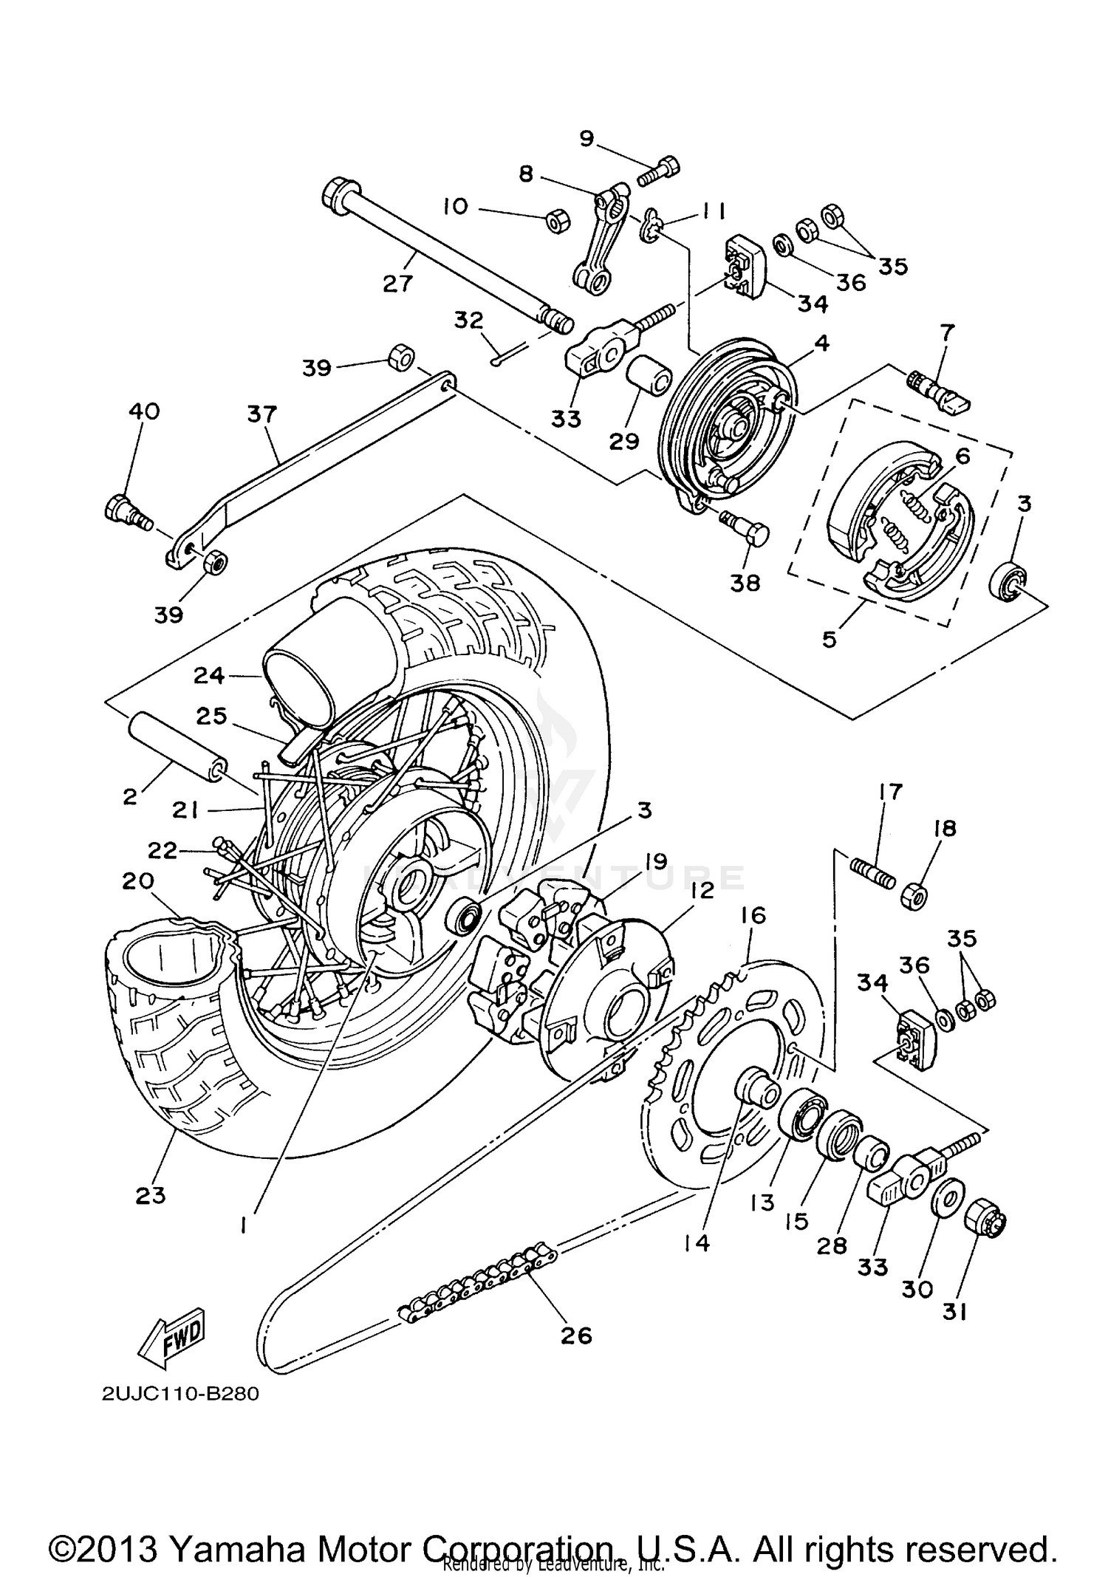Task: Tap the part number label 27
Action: point(397,283)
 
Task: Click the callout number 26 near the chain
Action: point(576,1335)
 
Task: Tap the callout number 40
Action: point(144,411)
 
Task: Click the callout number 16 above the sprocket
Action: point(753,916)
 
